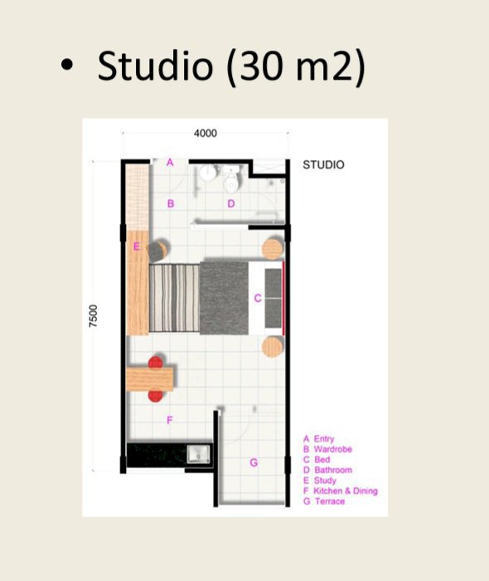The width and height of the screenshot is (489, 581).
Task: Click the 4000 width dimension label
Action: [x=206, y=134]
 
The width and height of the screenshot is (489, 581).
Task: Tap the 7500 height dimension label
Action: [x=94, y=315]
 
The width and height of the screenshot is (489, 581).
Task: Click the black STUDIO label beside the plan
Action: [x=323, y=165]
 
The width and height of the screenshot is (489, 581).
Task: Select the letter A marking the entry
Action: [x=170, y=163]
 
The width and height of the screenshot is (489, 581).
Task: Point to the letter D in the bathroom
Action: [x=231, y=203]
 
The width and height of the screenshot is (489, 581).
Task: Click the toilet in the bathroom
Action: [x=231, y=180]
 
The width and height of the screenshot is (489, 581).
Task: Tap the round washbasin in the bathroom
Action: [x=208, y=173]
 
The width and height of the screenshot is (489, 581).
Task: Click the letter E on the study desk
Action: [x=137, y=247]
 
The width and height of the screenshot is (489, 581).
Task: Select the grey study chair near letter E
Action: [x=158, y=250]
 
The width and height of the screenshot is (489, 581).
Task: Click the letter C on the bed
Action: [x=258, y=298]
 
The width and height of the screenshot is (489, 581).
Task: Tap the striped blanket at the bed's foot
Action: [x=175, y=298]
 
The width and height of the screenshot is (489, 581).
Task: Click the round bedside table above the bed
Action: [x=273, y=249]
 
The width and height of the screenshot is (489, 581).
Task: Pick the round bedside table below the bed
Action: [x=273, y=347]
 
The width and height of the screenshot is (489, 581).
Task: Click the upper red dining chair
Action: [x=156, y=362]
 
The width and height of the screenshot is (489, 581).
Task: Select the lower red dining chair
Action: [x=155, y=396]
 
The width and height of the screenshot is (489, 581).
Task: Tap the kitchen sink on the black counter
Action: [x=199, y=454]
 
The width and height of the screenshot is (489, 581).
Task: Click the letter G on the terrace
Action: [x=254, y=462]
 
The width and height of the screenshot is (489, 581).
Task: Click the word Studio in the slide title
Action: [x=155, y=66]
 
